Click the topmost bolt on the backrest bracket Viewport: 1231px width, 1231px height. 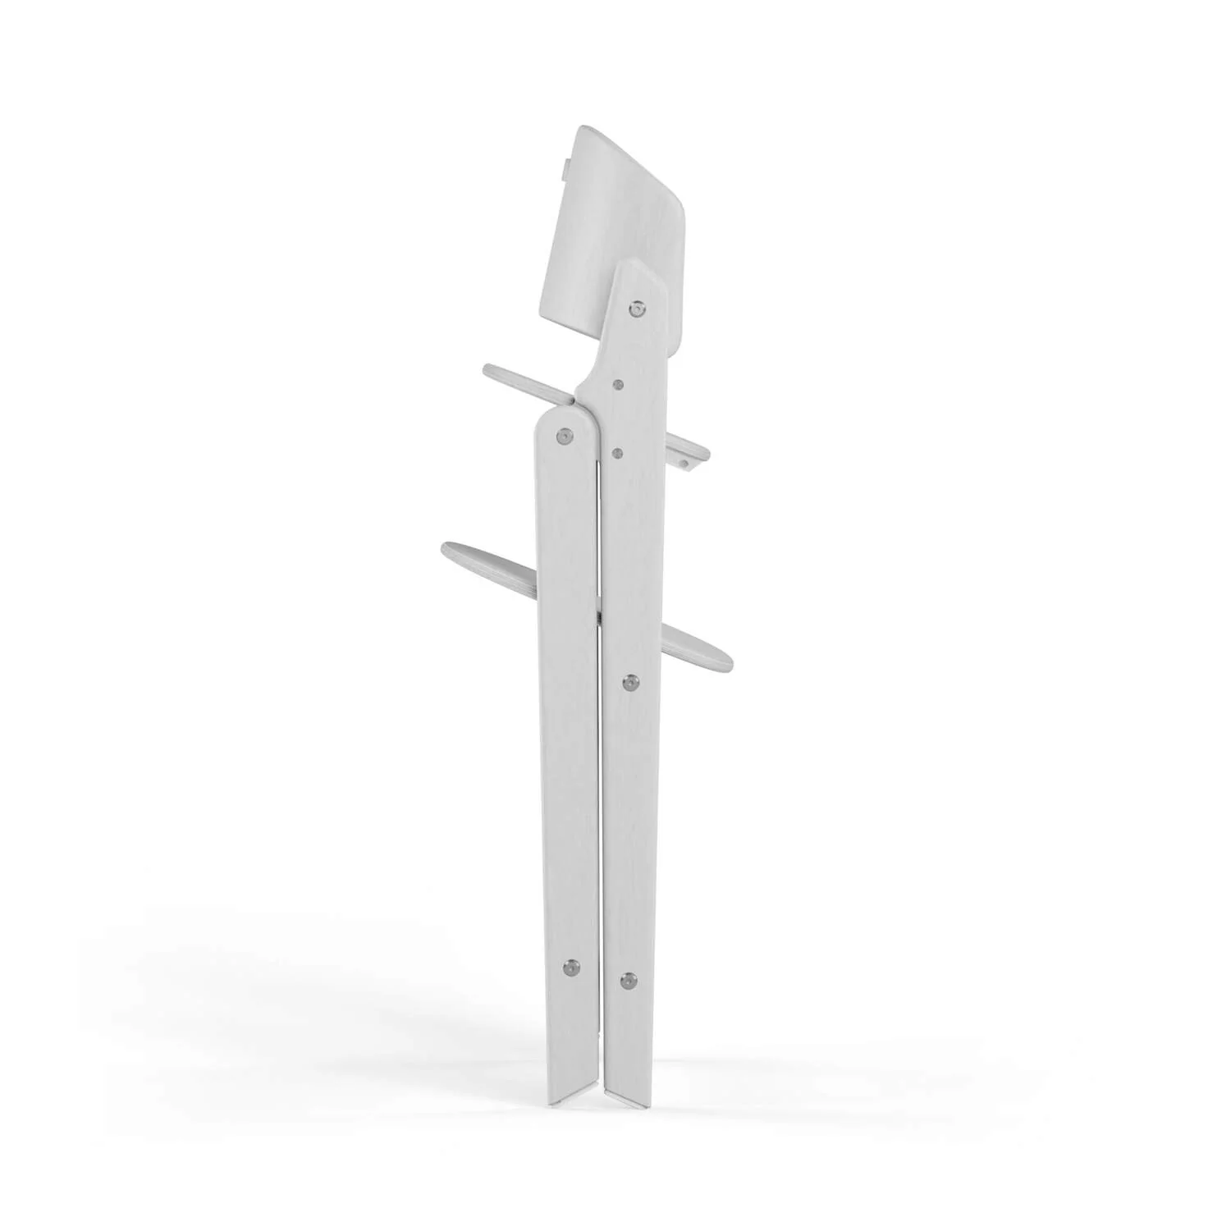[x=637, y=309]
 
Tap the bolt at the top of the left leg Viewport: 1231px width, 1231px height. [x=564, y=437]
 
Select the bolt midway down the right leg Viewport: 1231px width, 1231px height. [x=630, y=682]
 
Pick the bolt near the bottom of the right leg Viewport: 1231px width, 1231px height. [x=629, y=979]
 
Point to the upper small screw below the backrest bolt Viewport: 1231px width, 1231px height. [x=618, y=384]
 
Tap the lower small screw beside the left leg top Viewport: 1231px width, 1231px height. [x=617, y=451]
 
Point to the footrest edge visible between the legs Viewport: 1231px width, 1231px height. [x=600, y=614]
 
